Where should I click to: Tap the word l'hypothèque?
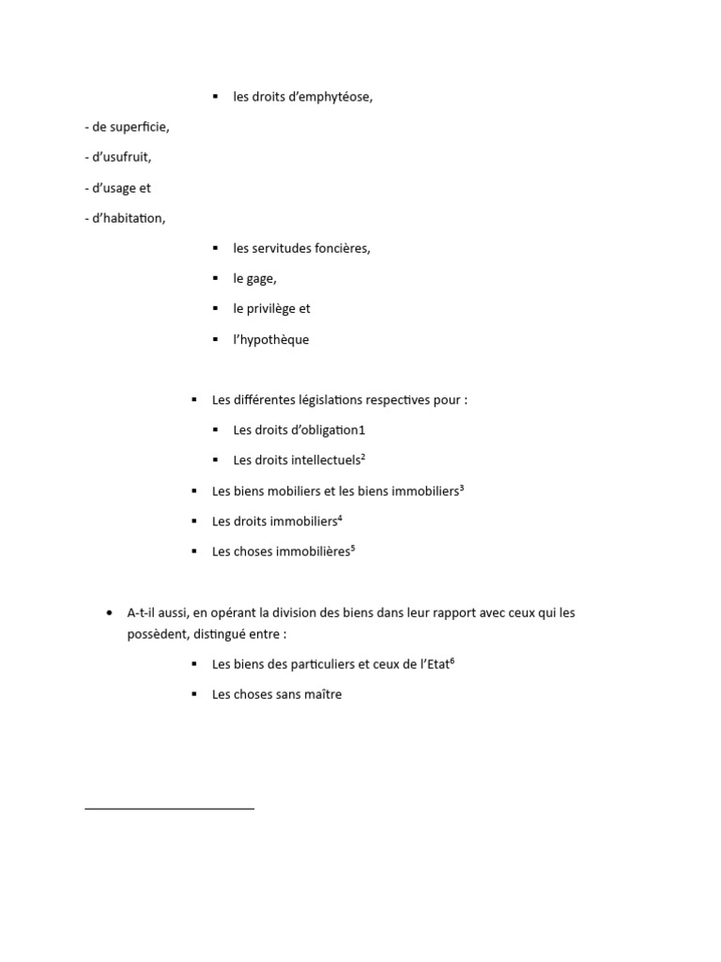tap(271, 339)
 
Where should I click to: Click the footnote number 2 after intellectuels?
tap(362, 457)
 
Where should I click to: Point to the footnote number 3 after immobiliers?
tap(462, 487)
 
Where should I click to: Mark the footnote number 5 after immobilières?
tap(352, 548)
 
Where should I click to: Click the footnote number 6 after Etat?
tap(452, 660)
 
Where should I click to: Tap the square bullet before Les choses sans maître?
tap(193, 694)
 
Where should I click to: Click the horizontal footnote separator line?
tap(169, 808)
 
